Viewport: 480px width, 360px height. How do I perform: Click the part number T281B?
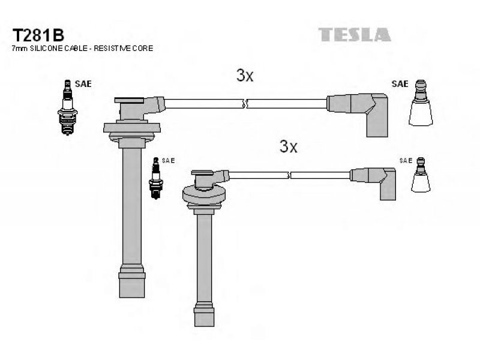click(38, 35)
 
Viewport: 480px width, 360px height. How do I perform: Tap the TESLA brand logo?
click(355, 35)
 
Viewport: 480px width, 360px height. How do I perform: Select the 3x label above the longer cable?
click(245, 76)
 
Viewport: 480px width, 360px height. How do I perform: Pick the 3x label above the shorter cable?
click(289, 146)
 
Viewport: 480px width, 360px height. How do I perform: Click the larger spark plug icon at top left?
click(68, 107)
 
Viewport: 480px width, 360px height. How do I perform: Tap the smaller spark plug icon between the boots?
click(156, 178)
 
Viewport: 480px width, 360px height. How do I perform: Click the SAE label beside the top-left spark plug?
click(83, 84)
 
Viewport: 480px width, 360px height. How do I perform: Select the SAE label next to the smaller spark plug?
click(169, 160)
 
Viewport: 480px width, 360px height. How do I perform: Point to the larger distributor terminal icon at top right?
click(421, 103)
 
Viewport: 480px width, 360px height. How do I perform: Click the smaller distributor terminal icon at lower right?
click(421, 175)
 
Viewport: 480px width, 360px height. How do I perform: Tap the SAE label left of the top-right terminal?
click(400, 84)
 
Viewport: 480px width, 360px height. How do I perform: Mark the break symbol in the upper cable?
click(244, 103)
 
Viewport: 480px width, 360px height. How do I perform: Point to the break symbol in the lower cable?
click(289, 175)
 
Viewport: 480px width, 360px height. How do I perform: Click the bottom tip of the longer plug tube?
click(132, 297)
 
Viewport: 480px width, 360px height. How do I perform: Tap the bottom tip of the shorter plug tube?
click(204, 326)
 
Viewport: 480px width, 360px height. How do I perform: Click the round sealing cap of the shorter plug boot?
click(204, 194)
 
